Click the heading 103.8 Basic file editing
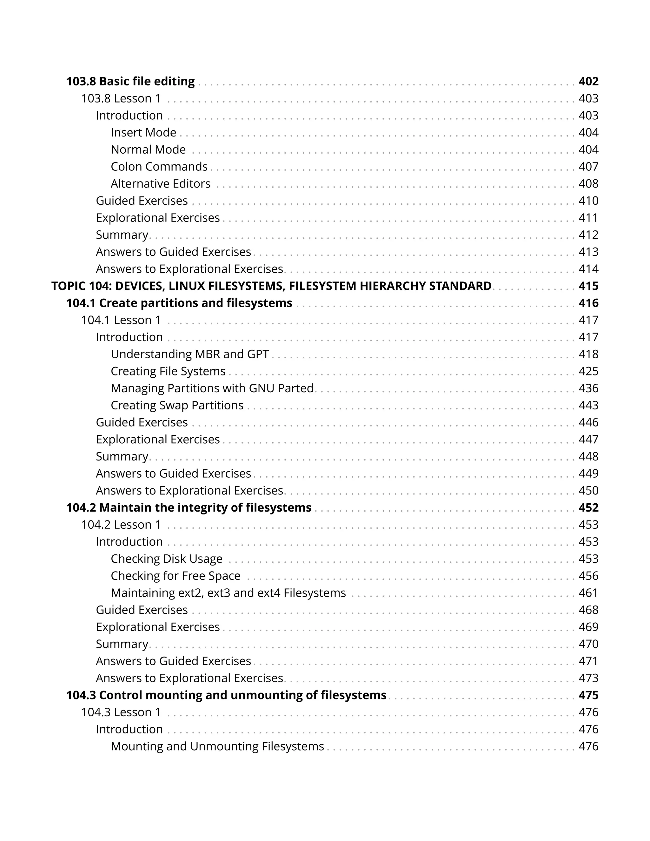[x=130, y=81]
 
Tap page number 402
[x=588, y=81]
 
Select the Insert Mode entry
[x=143, y=132]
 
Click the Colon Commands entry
[x=159, y=166]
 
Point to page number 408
[x=588, y=184]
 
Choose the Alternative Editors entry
[x=161, y=184]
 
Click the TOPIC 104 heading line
[x=271, y=286]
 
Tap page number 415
[x=588, y=286]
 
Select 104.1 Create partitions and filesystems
[x=179, y=303]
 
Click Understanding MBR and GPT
[x=189, y=354]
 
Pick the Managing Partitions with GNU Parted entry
[x=212, y=388]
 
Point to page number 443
[x=588, y=405]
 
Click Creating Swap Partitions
[x=177, y=405]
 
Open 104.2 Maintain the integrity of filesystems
[x=189, y=507]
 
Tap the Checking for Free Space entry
[x=176, y=576]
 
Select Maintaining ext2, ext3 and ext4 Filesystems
[x=228, y=593]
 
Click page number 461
[x=588, y=593]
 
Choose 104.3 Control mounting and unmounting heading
[x=226, y=695]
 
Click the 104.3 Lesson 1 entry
[x=121, y=712]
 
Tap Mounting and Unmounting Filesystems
[x=217, y=746]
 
